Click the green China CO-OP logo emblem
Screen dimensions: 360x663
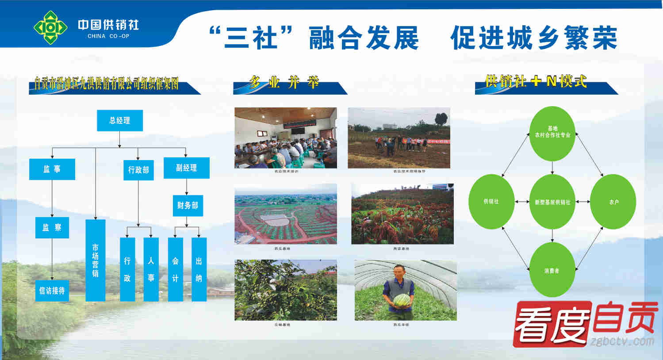click(x=50, y=27)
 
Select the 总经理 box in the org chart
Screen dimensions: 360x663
click(x=120, y=120)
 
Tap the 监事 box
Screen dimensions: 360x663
click(x=52, y=169)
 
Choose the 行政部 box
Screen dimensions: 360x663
click(x=138, y=170)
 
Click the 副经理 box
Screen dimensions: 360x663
click(x=186, y=168)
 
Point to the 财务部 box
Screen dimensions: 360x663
click(x=188, y=206)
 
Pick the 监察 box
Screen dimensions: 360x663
click(x=52, y=228)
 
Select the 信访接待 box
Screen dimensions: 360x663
click(x=52, y=291)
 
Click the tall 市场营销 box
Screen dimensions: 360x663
click(x=95, y=260)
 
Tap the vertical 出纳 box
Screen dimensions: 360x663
click(x=199, y=269)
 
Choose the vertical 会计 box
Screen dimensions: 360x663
click(x=175, y=269)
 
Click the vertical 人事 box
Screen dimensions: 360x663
click(x=151, y=269)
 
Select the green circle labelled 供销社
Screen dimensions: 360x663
click(x=491, y=202)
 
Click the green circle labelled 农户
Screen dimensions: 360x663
click(x=613, y=202)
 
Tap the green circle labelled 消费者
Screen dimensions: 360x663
click(x=552, y=270)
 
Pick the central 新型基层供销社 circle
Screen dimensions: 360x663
click(x=552, y=202)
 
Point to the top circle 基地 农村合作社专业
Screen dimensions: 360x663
click(x=552, y=133)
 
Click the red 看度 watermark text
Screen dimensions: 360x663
click(x=553, y=323)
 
